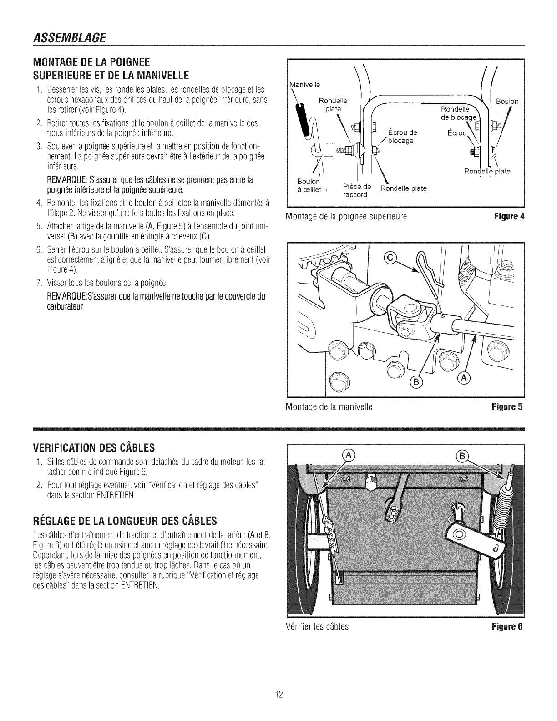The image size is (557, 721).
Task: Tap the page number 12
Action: coord(279,695)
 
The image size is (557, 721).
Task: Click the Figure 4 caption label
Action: coord(511,216)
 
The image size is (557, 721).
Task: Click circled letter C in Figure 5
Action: coord(390,259)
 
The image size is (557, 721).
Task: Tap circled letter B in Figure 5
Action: coord(415,381)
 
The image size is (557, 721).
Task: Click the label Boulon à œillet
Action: coord(309,186)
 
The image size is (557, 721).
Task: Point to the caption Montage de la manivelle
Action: coord(330,407)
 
